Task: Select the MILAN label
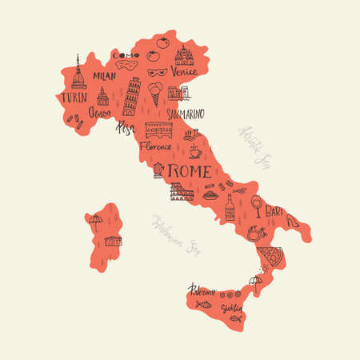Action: (104, 75)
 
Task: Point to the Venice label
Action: (184, 71)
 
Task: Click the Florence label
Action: (155, 147)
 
